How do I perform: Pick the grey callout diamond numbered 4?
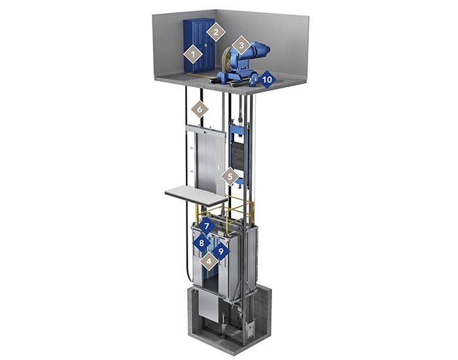(x=209, y=262)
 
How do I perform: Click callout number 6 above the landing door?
(x=200, y=109)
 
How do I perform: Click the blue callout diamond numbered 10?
(x=266, y=79)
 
